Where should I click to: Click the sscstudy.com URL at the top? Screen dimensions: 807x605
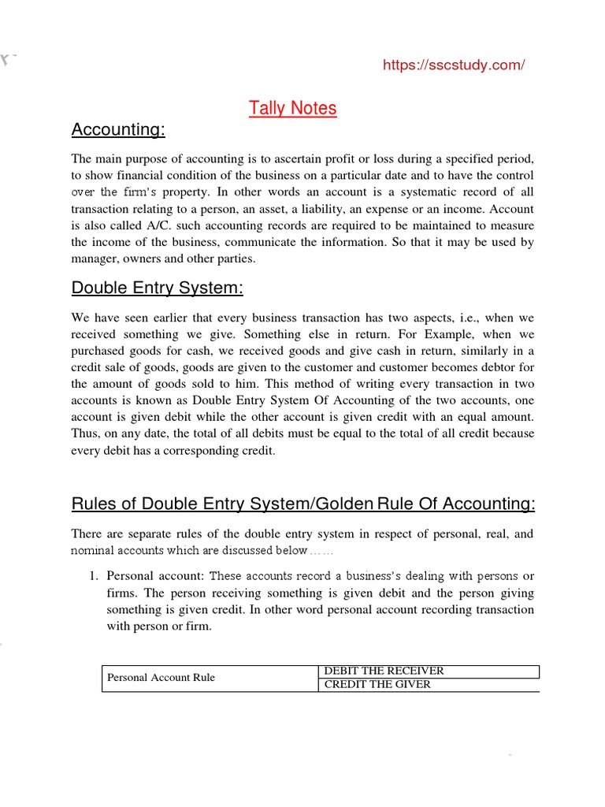coord(453,65)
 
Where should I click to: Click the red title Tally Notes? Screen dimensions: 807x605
coord(292,108)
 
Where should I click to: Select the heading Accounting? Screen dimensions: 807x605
coord(118,128)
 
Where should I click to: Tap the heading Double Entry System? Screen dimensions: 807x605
coord(158,288)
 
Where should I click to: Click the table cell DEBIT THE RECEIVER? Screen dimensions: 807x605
coord(384,671)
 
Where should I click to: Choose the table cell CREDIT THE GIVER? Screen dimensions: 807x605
coord(377,684)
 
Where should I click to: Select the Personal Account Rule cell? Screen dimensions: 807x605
coord(161,678)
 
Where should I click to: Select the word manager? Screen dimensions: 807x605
coord(94,258)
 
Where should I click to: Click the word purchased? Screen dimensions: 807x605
coord(100,351)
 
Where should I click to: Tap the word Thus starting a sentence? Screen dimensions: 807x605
coord(85,434)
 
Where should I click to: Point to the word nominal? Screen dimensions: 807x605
coord(94,550)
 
